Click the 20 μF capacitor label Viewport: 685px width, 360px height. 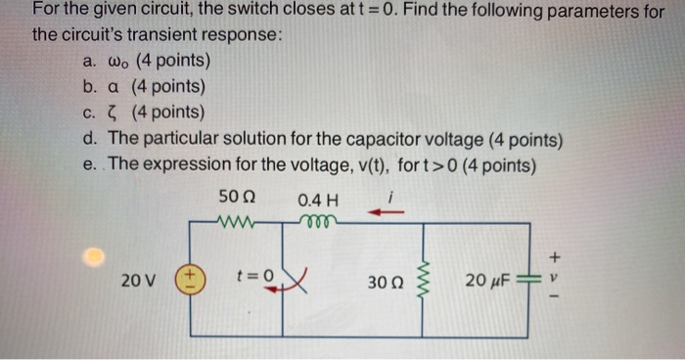[488, 282]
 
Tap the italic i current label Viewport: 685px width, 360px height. [390, 194]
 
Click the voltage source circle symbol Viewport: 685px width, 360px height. [189, 280]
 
